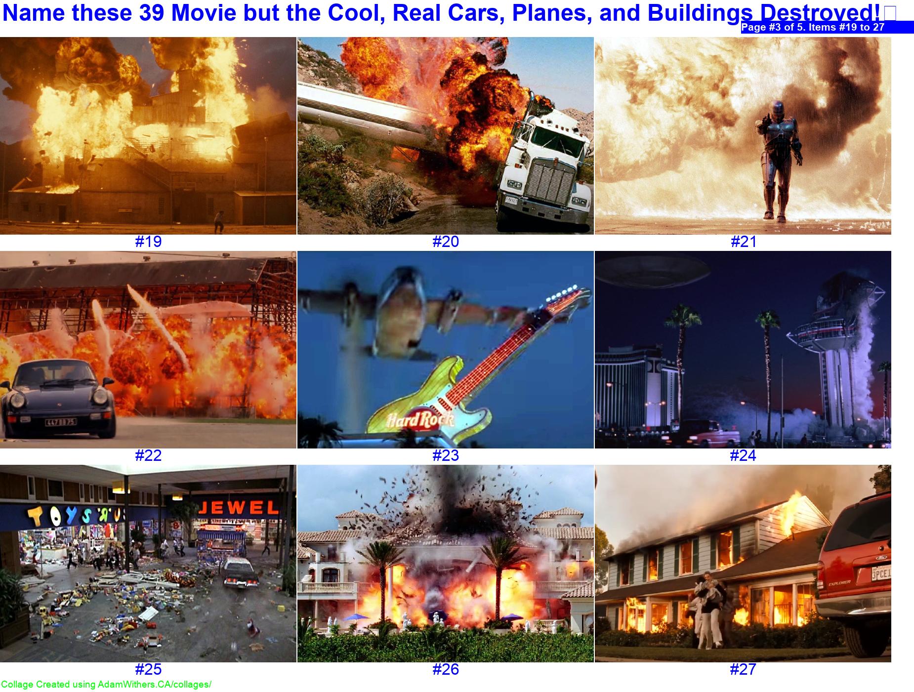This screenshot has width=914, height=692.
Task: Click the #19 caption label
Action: coord(148,242)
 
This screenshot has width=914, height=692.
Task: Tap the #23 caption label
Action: coord(446,455)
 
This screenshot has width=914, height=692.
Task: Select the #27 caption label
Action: coord(743,669)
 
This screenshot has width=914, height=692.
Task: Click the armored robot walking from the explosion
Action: coord(776,158)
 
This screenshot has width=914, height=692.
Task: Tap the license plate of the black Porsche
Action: coord(61,422)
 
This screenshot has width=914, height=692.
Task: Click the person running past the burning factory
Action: coord(219,221)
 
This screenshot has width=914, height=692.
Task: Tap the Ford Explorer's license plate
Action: coord(880,574)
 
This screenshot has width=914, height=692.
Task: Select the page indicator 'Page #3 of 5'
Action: coord(812,27)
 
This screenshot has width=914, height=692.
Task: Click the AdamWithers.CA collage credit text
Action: coord(106,685)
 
